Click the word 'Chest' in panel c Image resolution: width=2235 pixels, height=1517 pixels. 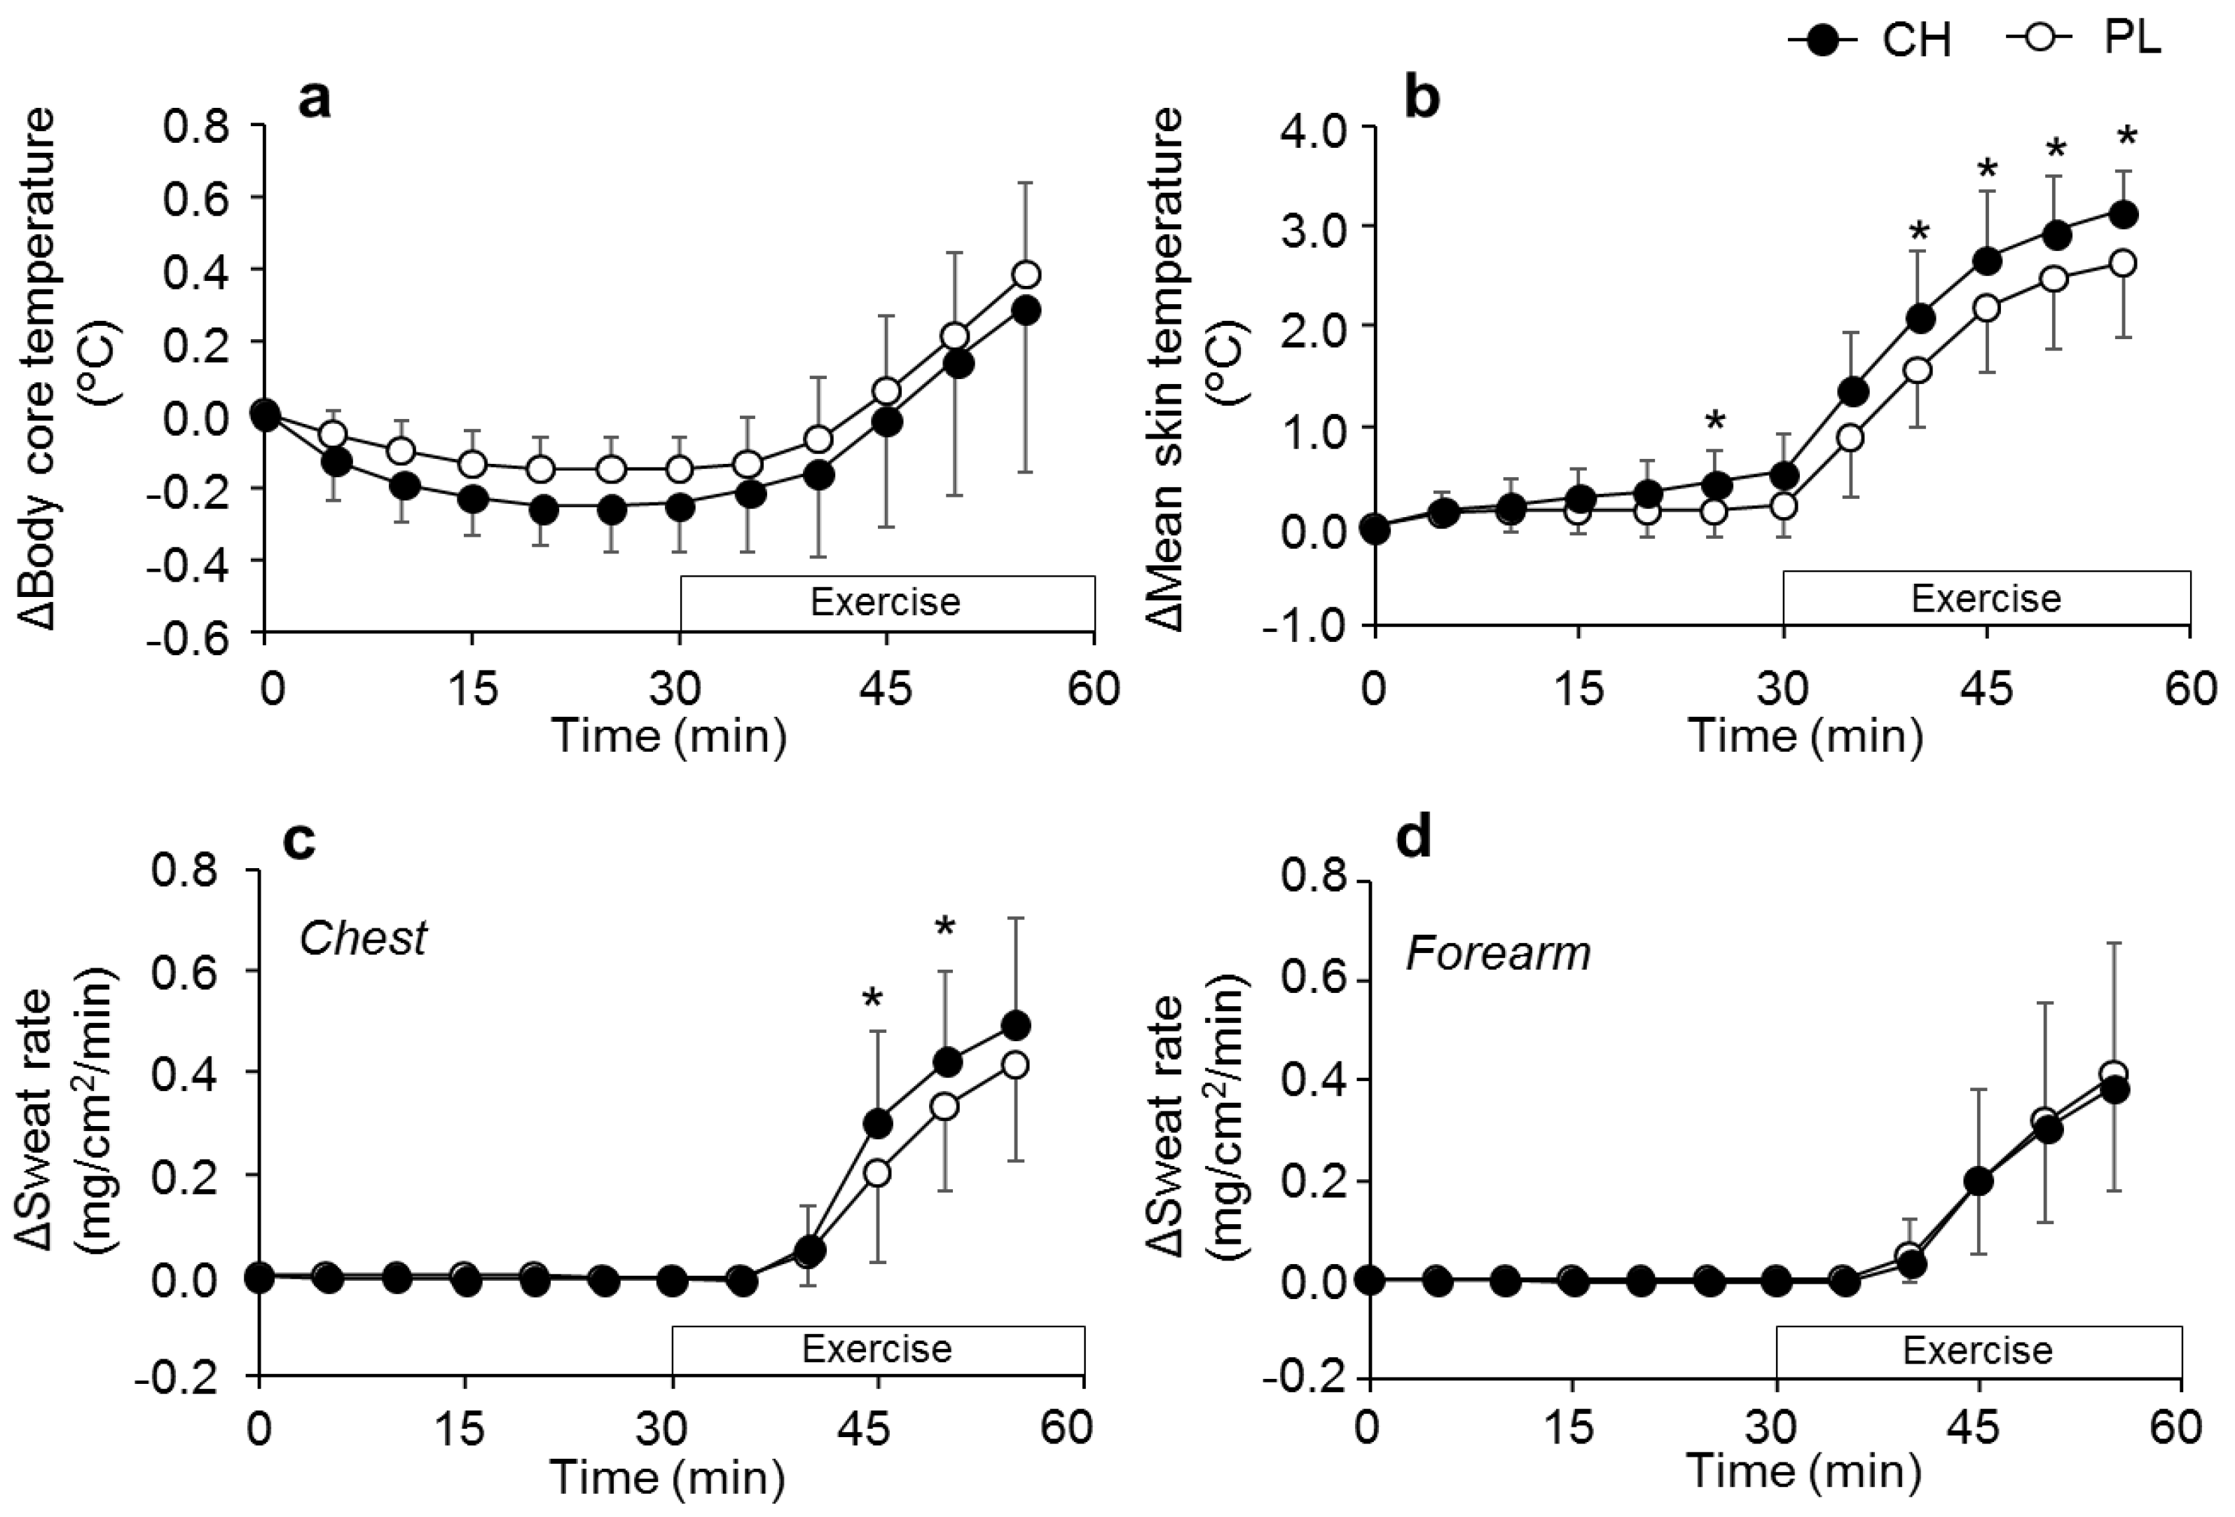click(x=362, y=938)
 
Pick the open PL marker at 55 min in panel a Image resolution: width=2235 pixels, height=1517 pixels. click(x=1027, y=274)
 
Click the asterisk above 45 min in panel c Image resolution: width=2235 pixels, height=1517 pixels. click(x=872, y=998)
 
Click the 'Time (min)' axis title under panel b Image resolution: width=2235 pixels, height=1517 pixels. click(x=1805, y=736)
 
